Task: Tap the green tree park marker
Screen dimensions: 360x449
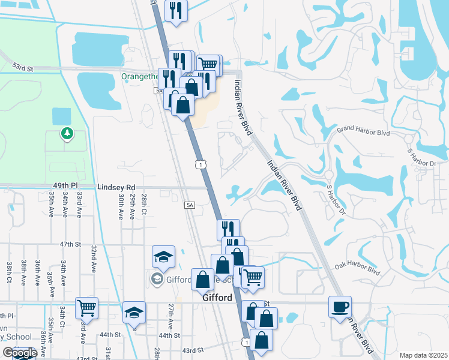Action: point(65,133)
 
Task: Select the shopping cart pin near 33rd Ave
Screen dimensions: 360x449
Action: point(87,308)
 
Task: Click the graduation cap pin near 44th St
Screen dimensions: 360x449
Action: point(134,312)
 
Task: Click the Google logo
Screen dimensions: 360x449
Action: point(19,353)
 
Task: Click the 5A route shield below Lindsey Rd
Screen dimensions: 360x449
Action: point(190,205)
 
